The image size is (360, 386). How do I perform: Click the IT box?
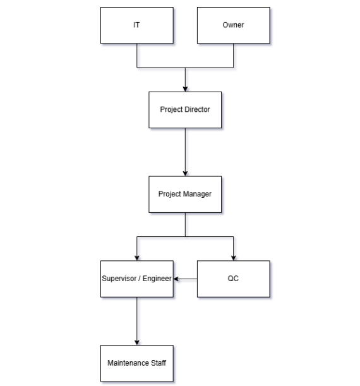[136, 25]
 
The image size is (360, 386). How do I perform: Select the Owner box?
[233, 25]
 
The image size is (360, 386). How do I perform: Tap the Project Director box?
[185, 109]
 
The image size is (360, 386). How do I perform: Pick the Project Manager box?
[185, 194]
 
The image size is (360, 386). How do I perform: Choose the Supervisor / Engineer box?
[136, 278]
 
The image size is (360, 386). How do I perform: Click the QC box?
[233, 278]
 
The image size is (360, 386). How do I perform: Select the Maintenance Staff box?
[136, 363]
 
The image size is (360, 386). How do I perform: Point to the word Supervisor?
[119, 278]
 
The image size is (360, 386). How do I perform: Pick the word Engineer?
[157, 278]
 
